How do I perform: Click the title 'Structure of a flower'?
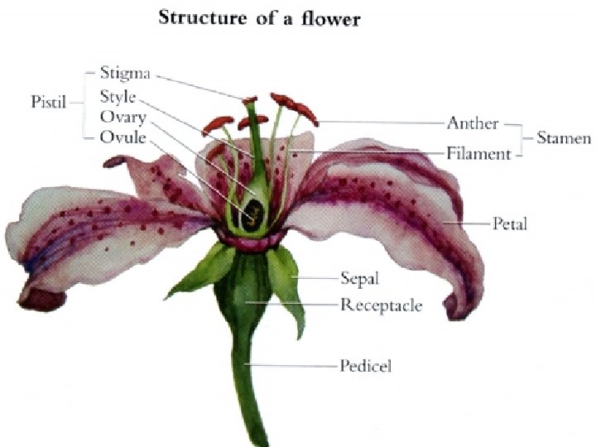(259, 17)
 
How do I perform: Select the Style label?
(118, 95)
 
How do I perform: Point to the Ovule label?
(123, 136)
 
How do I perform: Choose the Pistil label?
(49, 103)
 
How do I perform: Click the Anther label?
(473, 123)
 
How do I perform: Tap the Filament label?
(478, 153)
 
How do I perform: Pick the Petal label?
(510, 223)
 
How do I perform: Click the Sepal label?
(360, 277)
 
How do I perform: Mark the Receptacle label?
(381, 305)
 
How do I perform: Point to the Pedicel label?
(365, 365)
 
